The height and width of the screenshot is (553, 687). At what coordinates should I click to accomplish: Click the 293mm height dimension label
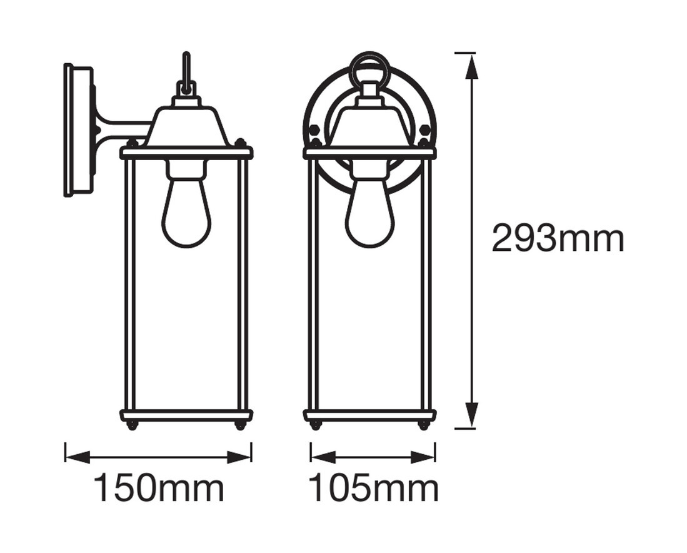pos(558,238)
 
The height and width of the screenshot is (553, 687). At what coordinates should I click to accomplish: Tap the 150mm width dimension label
pos(159,487)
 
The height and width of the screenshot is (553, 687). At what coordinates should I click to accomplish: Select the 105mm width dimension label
pos(373,487)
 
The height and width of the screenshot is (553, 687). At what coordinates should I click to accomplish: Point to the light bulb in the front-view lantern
pos(370,209)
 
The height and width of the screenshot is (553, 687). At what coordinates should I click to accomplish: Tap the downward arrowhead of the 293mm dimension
pos(471,414)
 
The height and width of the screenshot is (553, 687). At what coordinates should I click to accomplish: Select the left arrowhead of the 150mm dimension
pos(78,457)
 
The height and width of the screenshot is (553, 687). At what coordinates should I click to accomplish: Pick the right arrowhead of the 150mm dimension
pos(239,457)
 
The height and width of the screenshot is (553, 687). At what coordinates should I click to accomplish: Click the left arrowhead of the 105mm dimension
pos(323,457)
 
